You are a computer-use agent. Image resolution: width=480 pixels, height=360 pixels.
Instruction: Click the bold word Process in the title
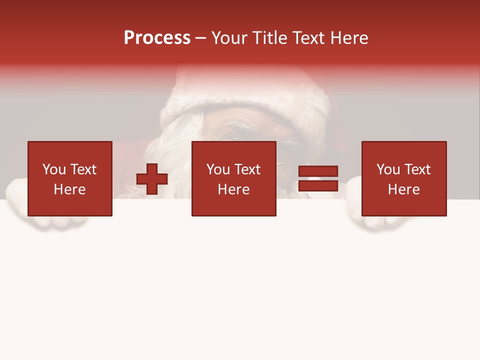coord(157,38)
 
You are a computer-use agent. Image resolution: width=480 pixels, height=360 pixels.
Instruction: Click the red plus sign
coord(152,179)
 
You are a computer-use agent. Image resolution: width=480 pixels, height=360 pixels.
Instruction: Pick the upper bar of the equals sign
coord(318,171)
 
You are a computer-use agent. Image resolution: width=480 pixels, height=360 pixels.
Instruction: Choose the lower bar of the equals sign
coord(318,185)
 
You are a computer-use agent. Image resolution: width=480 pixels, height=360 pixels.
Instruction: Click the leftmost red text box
coord(69,178)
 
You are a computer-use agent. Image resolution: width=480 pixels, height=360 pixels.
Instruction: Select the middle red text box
coord(233,178)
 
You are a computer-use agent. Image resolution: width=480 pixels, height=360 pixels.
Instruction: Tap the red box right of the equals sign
coord(403,178)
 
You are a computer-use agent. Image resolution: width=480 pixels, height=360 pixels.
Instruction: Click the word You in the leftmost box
coord(54,169)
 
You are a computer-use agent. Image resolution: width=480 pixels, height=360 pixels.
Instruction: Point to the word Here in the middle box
coord(233,189)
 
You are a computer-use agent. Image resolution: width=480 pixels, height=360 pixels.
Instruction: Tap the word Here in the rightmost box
coord(403,189)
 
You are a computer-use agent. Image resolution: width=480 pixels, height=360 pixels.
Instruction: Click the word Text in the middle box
coord(248,169)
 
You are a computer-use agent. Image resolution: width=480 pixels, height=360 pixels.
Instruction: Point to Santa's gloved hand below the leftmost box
coord(55,222)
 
